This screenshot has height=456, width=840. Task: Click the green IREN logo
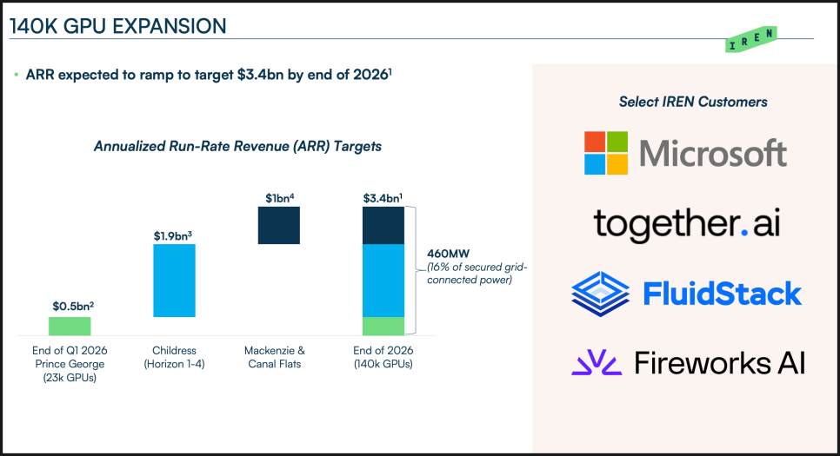pyautogui.click(x=750, y=39)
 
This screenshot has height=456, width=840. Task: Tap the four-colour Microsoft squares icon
pyautogui.click(x=607, y=153)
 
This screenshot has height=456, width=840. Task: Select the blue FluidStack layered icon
pyautogui.click(x=600, y=294)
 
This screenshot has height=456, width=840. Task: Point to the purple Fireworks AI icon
pyautogui.click(x=597, y=362)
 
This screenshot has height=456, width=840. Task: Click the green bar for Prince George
pyautogui.click(x=70, y=326)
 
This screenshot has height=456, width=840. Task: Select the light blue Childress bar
pyautogui.click(x=174, y=281)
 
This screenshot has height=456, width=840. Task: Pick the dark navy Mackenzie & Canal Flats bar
pyautogui.click(x=279, y=226)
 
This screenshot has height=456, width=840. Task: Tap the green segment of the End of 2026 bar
pyautogui.click(x=383, y=326)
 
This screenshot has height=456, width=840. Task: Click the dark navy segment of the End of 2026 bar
pyautogui.click(x=383, y=226)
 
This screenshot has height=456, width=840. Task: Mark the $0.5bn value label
pyautogui.click(x=70, y=306)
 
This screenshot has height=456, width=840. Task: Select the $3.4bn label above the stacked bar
pyautogui.click(x=383, y=197)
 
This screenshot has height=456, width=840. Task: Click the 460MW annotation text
pyautogui.click(x=443, y=254)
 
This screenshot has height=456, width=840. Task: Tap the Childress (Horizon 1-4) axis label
pyautogui.click(x=174, y=357)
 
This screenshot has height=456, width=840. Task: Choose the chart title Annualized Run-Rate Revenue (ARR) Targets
pyautogui.click(x=237, y=146)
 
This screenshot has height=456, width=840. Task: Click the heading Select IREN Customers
pyautogui.click(x=693, y=102)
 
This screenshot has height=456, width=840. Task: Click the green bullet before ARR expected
pyautogui.click(x=16, y=76)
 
